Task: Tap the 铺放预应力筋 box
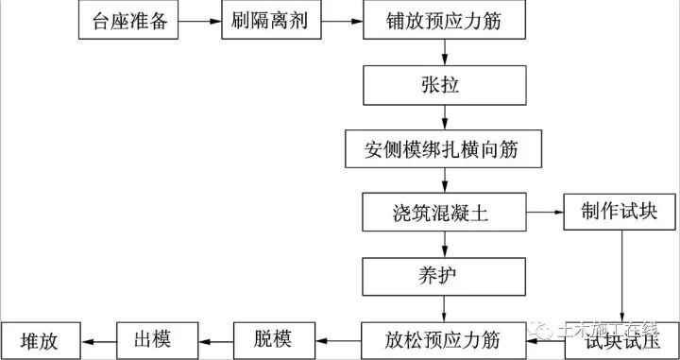click(x=443, y=21)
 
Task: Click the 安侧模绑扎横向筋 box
click(x=443, y=149)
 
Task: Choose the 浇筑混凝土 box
click(x=443, y=214)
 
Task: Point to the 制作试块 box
click(x=620, y=214)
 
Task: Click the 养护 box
click(x=443, y=276)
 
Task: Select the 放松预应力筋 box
click(x=443, y=339)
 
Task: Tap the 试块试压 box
click(x=620, y=339)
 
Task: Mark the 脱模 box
click(x=274, y=339)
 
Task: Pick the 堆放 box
click(x=41, y=339)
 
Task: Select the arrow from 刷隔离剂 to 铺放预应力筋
click(x=337, y=21)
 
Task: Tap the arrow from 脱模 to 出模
click(x=216, y=339)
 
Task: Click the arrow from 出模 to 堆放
click(x=99, y=339)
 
